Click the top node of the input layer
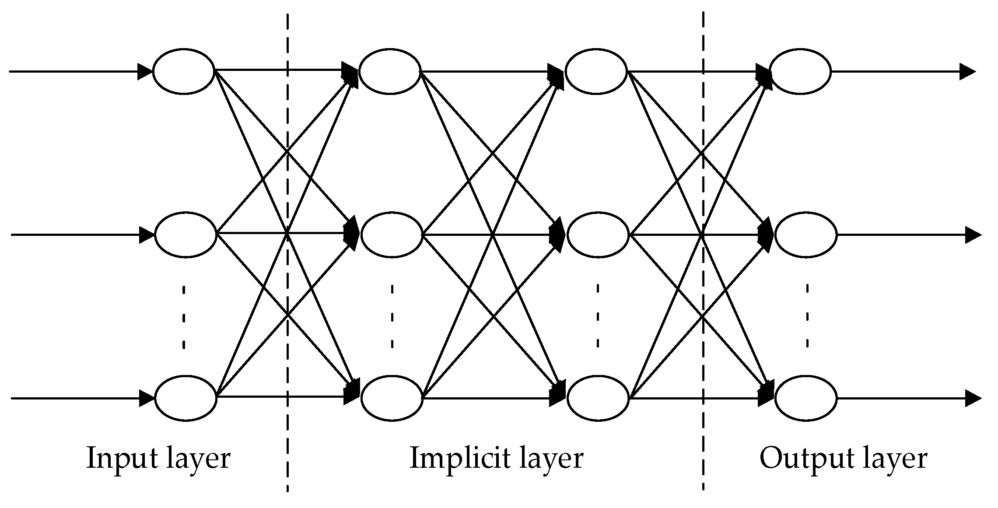(184, 71)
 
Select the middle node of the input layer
(186, 235)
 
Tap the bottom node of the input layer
(186, 398)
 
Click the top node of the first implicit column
(389, 71)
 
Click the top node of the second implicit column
(596, 71)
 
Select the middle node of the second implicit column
(598, 235)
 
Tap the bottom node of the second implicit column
(598, 398)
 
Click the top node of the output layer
(800, 71)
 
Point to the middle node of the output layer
(805, 235)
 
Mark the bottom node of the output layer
(805, 398)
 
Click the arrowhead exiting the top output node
(967, 71)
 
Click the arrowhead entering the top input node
(145, 71)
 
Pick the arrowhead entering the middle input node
(147, 235)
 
